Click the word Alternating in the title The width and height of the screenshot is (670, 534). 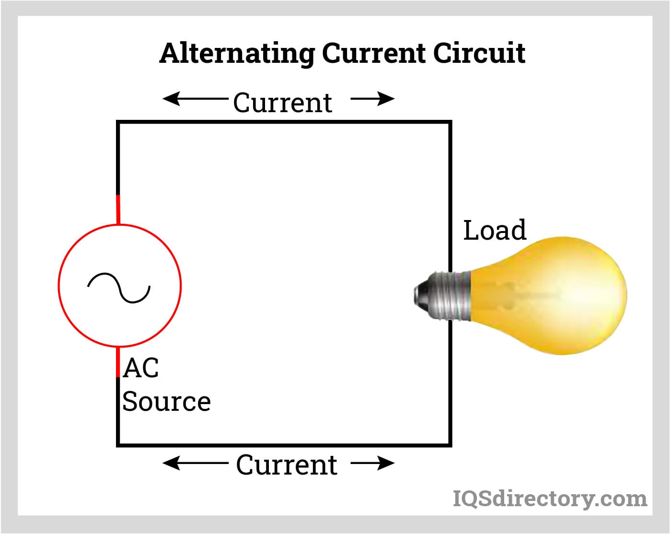coord(237,54)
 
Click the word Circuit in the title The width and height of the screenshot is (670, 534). coord(479,53)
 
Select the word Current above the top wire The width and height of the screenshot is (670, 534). coord(282,103)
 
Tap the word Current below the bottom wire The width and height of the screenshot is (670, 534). coord(286,465)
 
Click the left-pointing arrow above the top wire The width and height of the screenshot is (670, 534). coord(194,99)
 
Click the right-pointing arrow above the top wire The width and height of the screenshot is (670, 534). coord(373,99)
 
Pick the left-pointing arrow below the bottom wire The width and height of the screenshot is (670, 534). coord(194,463)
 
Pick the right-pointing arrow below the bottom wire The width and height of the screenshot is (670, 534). coord(373,463)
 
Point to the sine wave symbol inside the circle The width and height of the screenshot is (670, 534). coord(119,288)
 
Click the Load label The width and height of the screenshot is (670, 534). coord(495,230)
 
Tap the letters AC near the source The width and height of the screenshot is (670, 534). coord(140,368)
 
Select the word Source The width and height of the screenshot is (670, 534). coord(166,401)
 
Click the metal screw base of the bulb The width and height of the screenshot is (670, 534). coord(448,295)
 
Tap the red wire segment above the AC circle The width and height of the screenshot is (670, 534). coord(118,209)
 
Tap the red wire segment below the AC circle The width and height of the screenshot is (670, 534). coord(118,362)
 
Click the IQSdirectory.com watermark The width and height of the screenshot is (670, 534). coord(550,499)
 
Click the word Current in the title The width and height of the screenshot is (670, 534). coord(373,53)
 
